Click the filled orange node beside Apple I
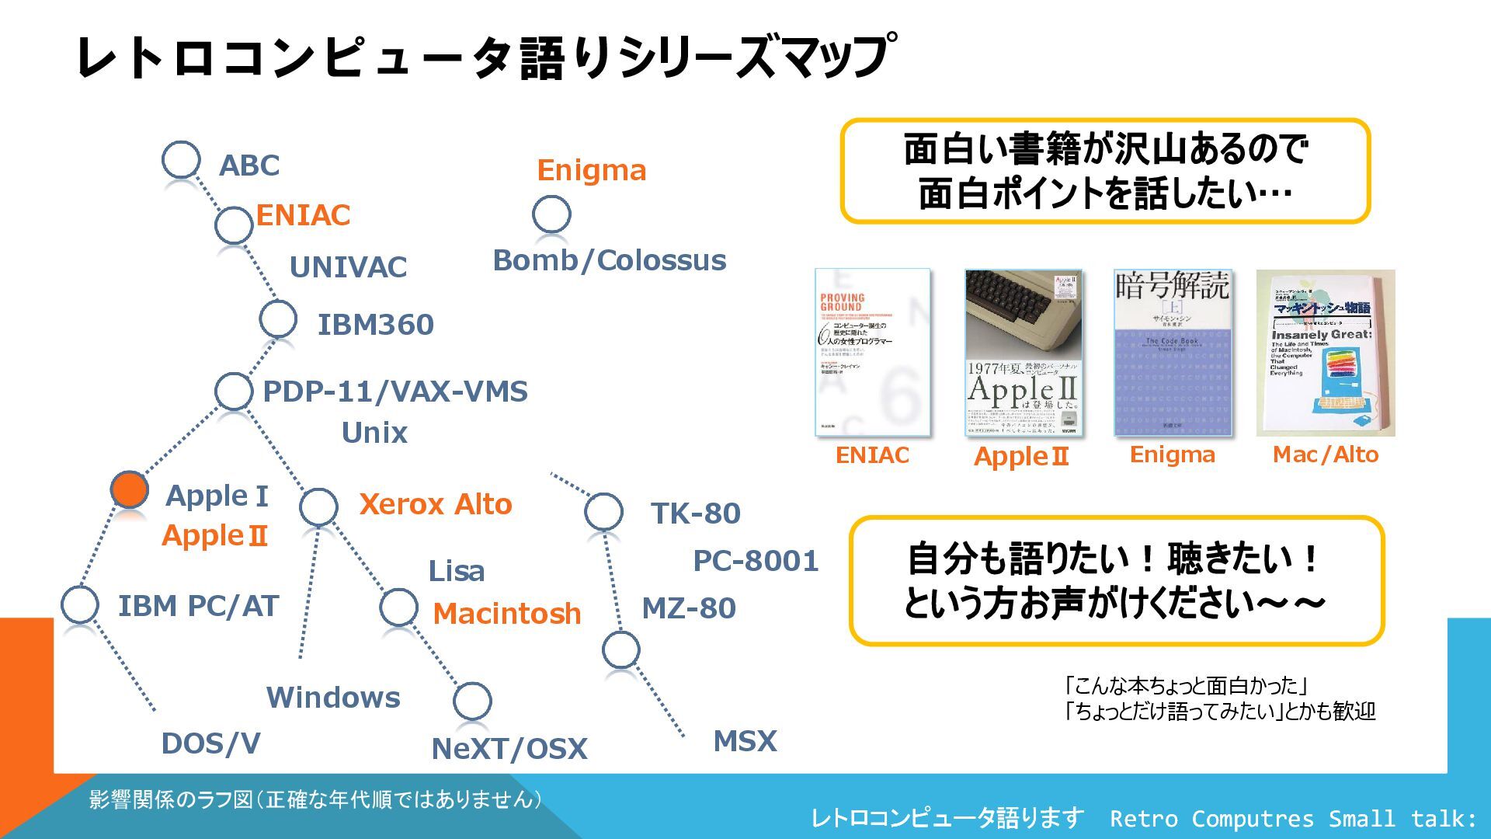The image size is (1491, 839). (x=130, y=489)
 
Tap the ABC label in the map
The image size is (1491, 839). (x=248, y=165)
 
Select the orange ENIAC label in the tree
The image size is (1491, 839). (x=303, y=215)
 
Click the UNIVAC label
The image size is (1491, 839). (x=348, y=267)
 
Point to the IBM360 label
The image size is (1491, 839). (x=375, y=325)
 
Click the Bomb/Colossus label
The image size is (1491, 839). (x=610, y=260)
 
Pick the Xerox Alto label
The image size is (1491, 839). (x=436, y=504)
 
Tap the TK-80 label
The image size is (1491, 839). (x=695, y=513)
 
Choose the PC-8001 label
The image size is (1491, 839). (x=756, y=561)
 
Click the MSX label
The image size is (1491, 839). (x=745, y=741)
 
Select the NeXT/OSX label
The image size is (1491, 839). (x=509, y=749)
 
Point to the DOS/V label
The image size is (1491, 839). (x=210, y=743)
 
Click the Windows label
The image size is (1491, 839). (x=333, y=698)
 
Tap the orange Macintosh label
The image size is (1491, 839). (x=506, y=614)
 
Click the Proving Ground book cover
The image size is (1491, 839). (x=872, y=352)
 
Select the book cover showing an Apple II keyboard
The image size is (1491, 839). (x=1023, y=352)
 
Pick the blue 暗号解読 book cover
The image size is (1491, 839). (x=1173, y=352)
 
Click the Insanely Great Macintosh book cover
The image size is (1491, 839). (x=1325, y=352)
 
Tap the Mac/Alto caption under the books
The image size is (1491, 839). (x=1325, y=454)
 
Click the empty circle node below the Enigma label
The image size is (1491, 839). (x=551, y=214)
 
